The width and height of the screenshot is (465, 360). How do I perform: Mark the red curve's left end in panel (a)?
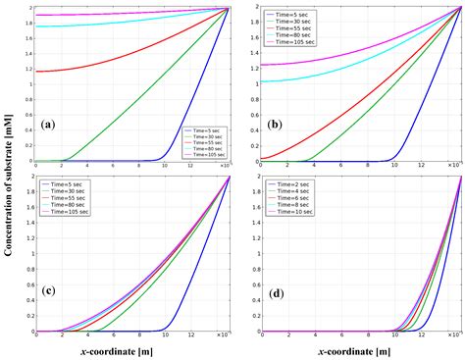click(x=37, y=71)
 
